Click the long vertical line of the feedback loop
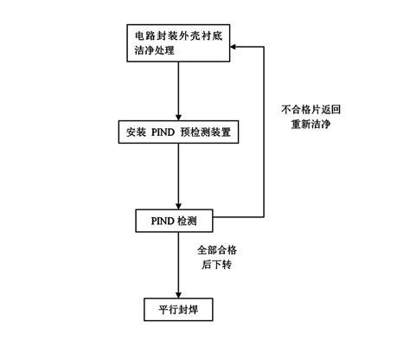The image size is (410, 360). point(263,130)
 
